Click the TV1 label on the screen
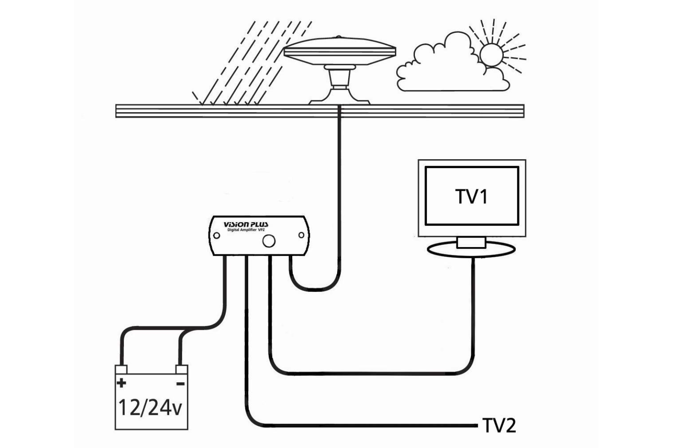472,197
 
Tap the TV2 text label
499,425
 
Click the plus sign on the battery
122,383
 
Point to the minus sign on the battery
181,384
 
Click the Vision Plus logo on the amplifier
246,224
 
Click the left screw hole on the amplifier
217,235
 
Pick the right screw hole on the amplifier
301,235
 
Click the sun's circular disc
491,55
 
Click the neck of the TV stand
471,242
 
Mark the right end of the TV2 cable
475,425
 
